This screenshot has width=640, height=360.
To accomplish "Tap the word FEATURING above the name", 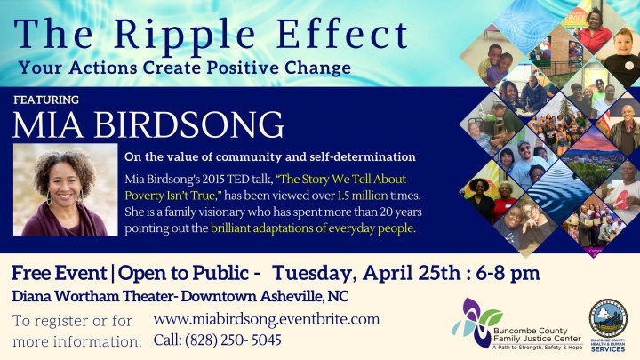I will coord(46,100).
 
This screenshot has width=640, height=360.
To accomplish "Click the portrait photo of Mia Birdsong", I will coord(66,189).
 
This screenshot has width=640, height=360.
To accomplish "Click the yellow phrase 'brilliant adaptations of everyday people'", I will coord(312,228).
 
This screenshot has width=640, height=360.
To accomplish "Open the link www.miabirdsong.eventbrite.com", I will coord(267,318).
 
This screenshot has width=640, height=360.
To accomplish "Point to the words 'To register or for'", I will coord(73,320).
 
